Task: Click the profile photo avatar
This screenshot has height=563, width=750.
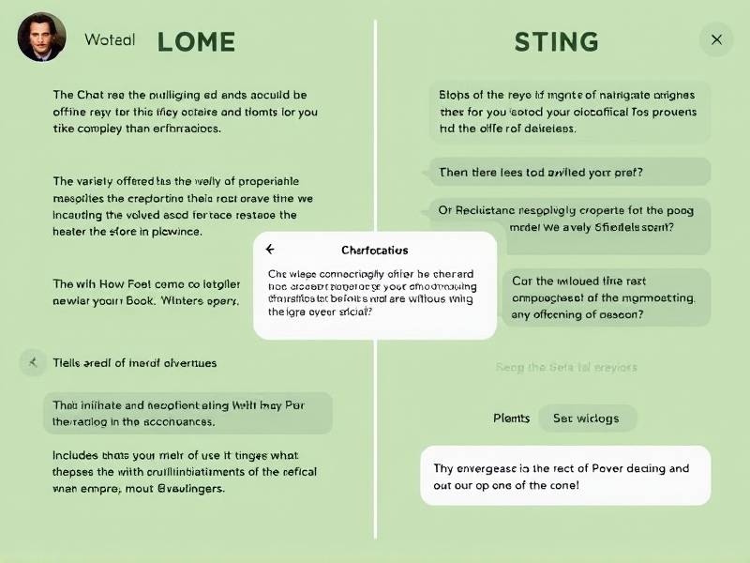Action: (x=41, y=38)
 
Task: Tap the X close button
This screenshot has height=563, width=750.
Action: (x=716, y=39)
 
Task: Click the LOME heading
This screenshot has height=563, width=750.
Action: (x=196, y=41)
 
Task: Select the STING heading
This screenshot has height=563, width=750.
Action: (x=556, y=41)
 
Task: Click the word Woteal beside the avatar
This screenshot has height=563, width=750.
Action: (x=110, y=40)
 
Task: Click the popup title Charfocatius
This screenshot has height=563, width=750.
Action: (x=374, y=251)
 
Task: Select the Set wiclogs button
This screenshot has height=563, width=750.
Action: (x=586, y=418)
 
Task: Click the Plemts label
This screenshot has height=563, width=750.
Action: (x=511, y=418)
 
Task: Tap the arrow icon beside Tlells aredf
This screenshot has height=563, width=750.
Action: (x=34, y=361)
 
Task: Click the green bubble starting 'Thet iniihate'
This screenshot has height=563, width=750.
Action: (x=187, y=414)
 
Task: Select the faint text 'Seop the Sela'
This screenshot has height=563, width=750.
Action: (x=566, y=368)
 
